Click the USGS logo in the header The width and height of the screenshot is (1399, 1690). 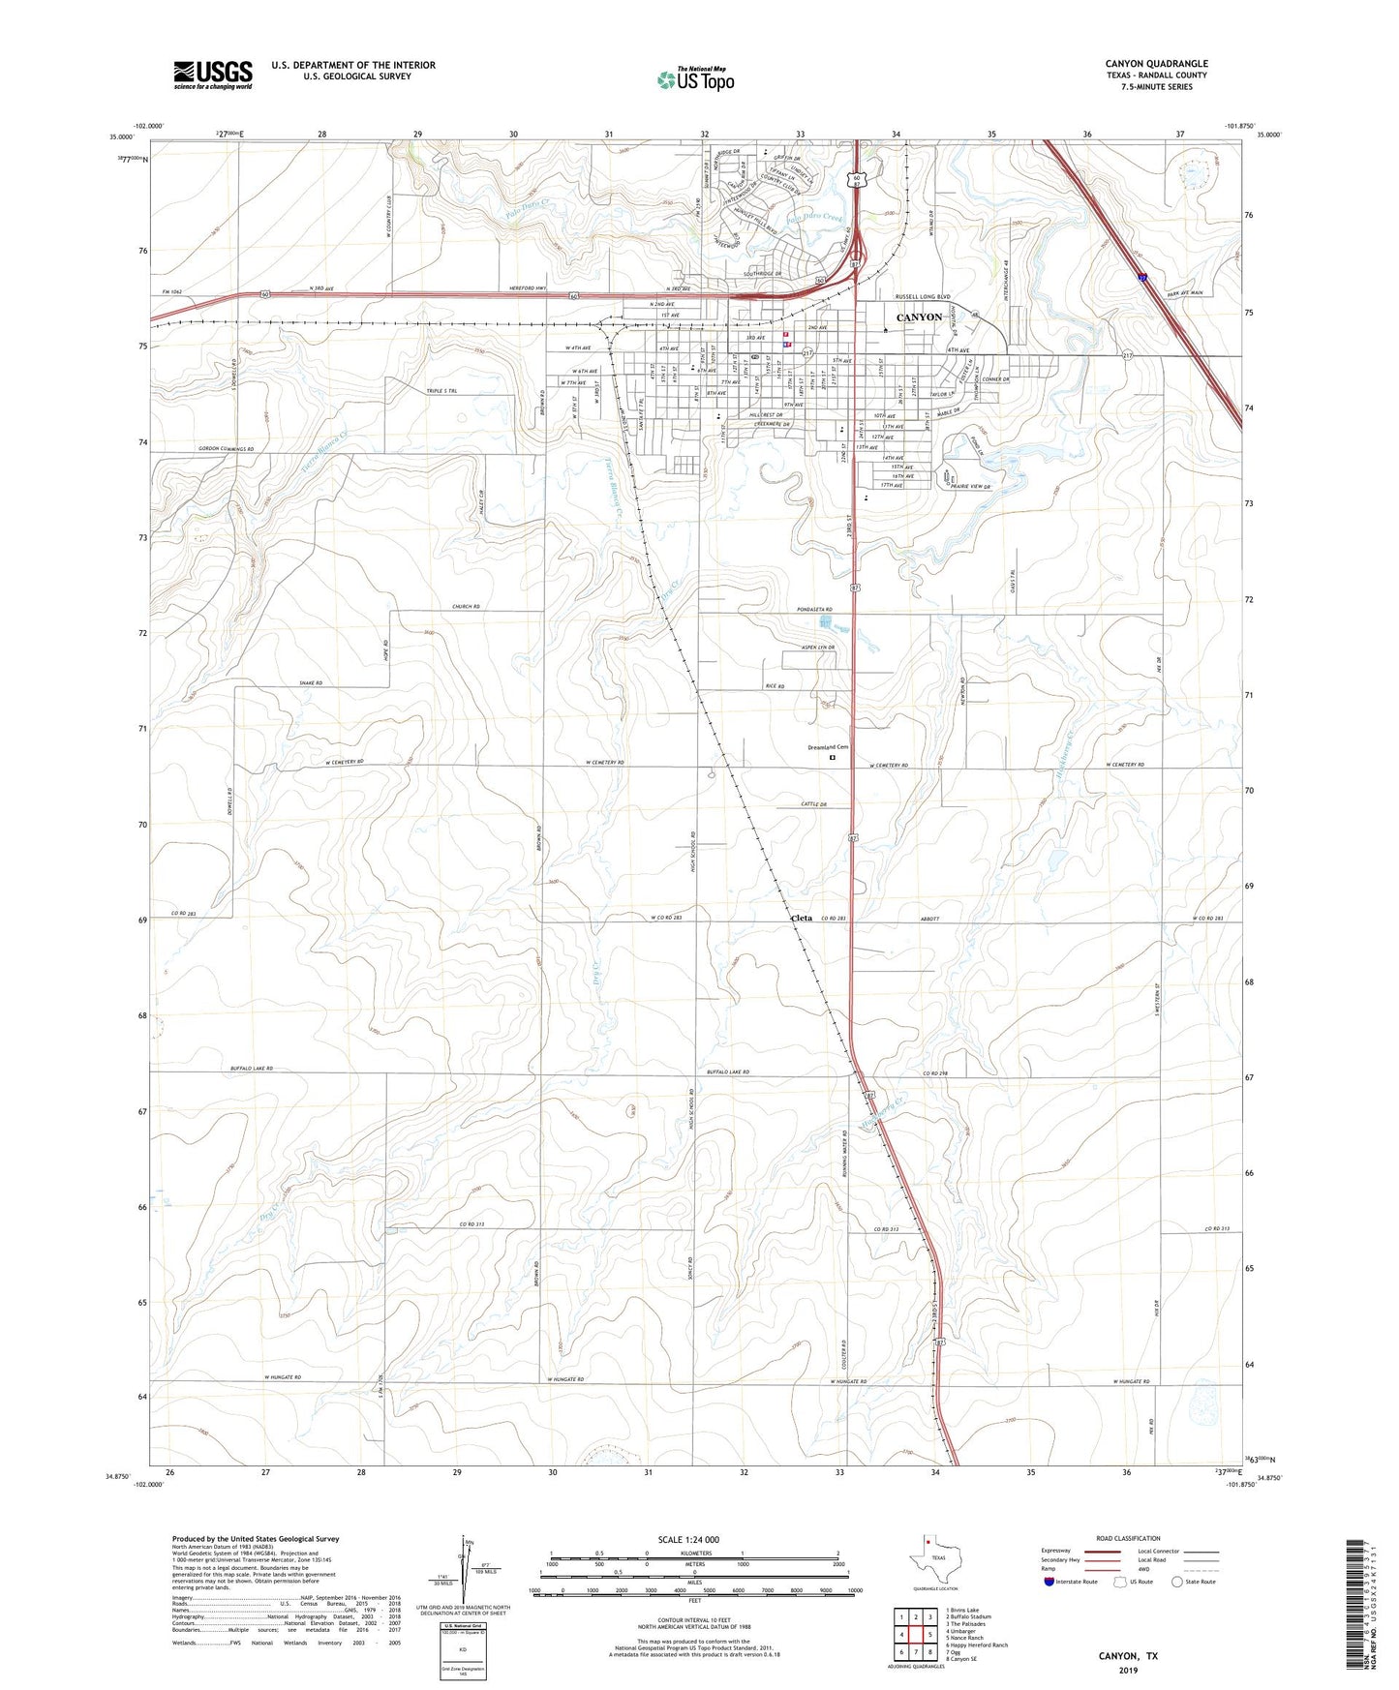pos(213,74)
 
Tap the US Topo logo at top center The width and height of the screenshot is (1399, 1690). pos(694,79)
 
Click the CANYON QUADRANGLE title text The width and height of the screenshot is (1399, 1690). pos(1156,64)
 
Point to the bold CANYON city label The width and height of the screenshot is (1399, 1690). pos(919,317)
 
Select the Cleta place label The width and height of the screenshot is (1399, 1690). pos(802,918)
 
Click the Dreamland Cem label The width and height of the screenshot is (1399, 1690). pos(828,747)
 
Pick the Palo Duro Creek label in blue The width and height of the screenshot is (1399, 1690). pos(814,219)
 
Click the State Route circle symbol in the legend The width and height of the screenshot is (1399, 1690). pos(1177,1582)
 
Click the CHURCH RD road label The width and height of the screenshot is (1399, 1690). pos(466,607)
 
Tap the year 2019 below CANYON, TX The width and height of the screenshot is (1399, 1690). pos(1128,1670)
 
